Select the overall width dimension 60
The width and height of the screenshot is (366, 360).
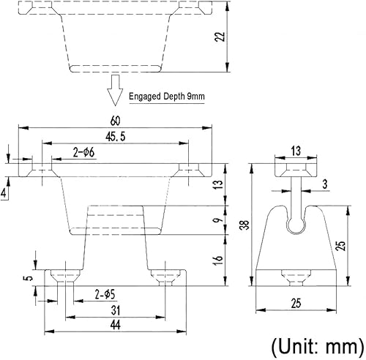(x=115, y=120)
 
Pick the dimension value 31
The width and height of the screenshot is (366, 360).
(x=116, y=310)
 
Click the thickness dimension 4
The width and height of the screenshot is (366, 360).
(x=5, y=193)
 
